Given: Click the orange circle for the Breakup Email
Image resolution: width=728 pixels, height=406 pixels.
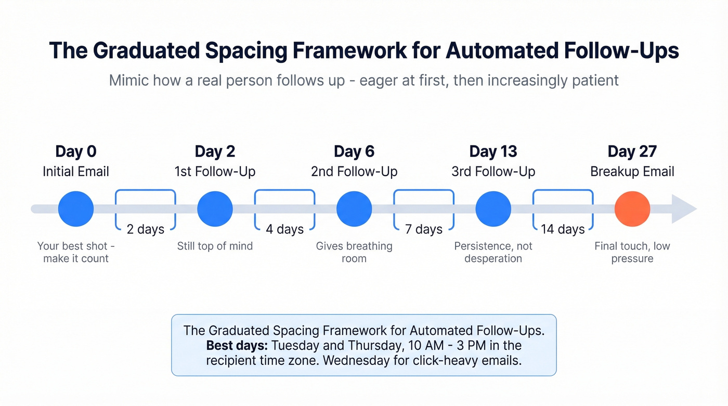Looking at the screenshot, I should click(x=632, y=209).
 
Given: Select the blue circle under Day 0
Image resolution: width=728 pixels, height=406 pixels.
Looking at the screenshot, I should click(x=76, y=209).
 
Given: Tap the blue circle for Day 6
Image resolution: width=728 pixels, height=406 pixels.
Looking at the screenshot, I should click(x=354, y=209).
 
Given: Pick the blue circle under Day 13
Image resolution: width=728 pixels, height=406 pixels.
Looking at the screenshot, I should click(x=493, y=209).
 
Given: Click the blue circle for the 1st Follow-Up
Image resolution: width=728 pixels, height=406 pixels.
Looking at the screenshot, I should click(x=215, y=209).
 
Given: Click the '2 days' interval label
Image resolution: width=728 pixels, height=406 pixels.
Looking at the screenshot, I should click(x=146, y=229).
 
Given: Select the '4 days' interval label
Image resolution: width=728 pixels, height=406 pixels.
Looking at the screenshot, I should click(x=284, y=229).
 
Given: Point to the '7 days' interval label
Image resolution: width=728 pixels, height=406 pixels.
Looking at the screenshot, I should click(x=424, y=229).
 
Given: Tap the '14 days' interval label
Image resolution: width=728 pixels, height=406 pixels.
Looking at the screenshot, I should click(x=563, y=229).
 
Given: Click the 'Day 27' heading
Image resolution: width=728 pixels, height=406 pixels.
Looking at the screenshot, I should click(x=632, y=152).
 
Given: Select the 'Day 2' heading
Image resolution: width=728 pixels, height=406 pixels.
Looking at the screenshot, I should click(x=215, y=152).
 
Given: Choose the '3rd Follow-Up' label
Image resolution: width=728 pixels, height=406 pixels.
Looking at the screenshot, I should click(x=493, y=172).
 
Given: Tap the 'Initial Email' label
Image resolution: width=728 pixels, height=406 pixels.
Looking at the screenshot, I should click(x=76, y=172).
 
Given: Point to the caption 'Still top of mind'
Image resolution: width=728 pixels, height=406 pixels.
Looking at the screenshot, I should click(x=215, y=246).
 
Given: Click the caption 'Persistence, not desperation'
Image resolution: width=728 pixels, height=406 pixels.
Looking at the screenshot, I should click(x=493, y=252).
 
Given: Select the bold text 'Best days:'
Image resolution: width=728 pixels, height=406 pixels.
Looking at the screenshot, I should click(x=237, y=346).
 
